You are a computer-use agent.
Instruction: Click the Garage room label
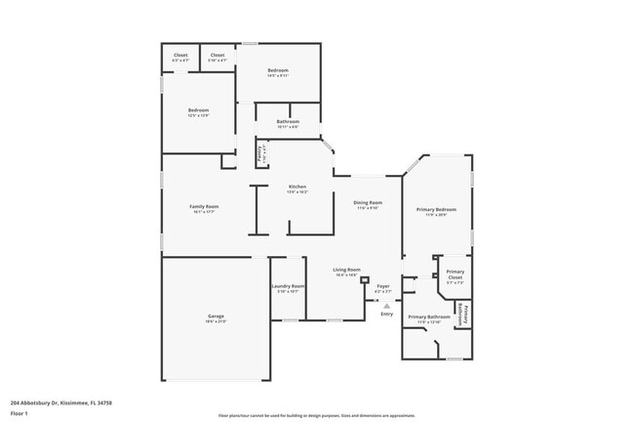(216, 317)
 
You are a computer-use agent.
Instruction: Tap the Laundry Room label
(288, 286)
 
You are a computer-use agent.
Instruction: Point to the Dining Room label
(368, 202)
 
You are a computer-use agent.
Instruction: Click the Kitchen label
(297, 187)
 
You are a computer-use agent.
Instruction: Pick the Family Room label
(204, 206)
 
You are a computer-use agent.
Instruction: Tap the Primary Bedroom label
(436, 210)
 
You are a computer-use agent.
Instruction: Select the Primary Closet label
(455, 275)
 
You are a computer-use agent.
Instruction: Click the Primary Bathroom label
(429, 317)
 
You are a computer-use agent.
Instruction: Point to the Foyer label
(383, 286)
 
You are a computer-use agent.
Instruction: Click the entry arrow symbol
(386, 305)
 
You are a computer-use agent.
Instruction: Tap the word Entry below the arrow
(387, 314)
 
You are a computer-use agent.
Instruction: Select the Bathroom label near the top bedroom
(288, 121)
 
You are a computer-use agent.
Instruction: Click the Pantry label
(260, 153)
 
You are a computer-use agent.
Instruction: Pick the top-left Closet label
(180, 56)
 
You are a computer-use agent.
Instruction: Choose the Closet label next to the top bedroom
(218, 56)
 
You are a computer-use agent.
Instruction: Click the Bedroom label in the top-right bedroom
(278, 70)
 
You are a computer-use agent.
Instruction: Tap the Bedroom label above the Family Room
(199, 110)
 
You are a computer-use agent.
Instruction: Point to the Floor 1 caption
(20, 413)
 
